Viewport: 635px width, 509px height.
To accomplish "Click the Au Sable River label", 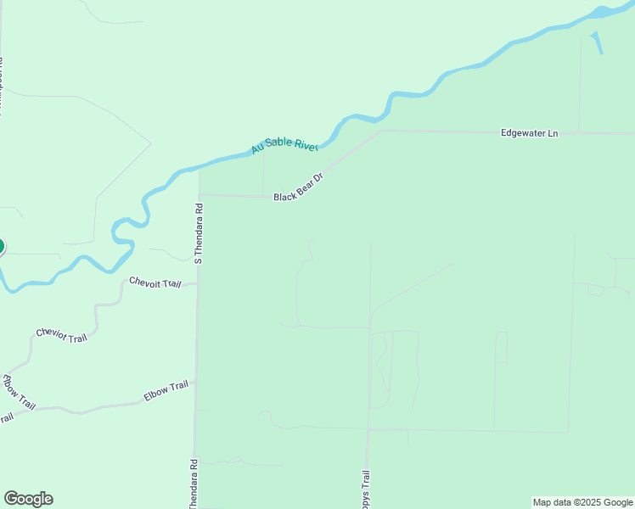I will point(284,145).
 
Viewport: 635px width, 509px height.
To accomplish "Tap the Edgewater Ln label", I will point(530,133).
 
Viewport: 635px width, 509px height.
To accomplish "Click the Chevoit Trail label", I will point(155,282).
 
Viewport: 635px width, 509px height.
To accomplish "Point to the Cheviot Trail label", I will point(61,335).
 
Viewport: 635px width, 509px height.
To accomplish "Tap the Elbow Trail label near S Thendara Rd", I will point(166,390).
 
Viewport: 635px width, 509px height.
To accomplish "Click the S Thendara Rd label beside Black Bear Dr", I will point(199,232).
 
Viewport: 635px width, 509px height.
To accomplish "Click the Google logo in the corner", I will point(28,499).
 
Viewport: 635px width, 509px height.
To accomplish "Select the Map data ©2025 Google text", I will point(582,502).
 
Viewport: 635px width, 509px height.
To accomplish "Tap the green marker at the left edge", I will point(1,247).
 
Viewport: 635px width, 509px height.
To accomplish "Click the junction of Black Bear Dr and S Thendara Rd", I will point(199,194).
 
